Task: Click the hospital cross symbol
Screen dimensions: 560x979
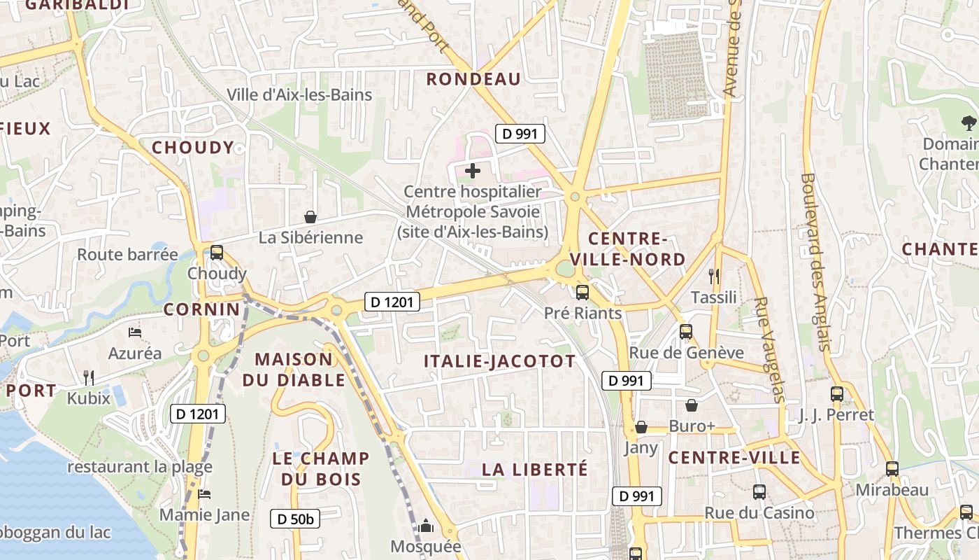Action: point(473,170)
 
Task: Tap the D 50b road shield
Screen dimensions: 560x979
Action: point(295,519)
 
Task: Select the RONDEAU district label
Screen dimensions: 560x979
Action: point(474,79)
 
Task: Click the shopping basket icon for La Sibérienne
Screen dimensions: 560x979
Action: point(310,218)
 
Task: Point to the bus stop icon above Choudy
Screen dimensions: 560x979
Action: point(217,253)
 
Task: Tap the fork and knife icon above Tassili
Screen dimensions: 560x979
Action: point(714,276)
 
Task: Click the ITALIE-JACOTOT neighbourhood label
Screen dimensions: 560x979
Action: point(500,361)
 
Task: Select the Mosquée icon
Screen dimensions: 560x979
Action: point(426,526)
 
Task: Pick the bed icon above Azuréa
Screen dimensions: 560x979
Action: point(135,332)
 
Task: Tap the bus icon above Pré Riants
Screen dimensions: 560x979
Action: point(582,293)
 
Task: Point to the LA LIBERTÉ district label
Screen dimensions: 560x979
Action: point(535,469)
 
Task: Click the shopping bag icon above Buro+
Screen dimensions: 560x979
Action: point(692,405)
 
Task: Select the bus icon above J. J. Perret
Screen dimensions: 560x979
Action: point(837,394)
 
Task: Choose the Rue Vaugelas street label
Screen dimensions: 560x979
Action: point(770,350)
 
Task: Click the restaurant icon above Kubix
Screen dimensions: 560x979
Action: point(89,377)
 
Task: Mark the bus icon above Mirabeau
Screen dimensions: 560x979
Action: point(892,469)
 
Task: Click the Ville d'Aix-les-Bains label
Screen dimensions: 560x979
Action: point(299,94)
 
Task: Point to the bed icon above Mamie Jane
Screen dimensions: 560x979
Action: point(204,494)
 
